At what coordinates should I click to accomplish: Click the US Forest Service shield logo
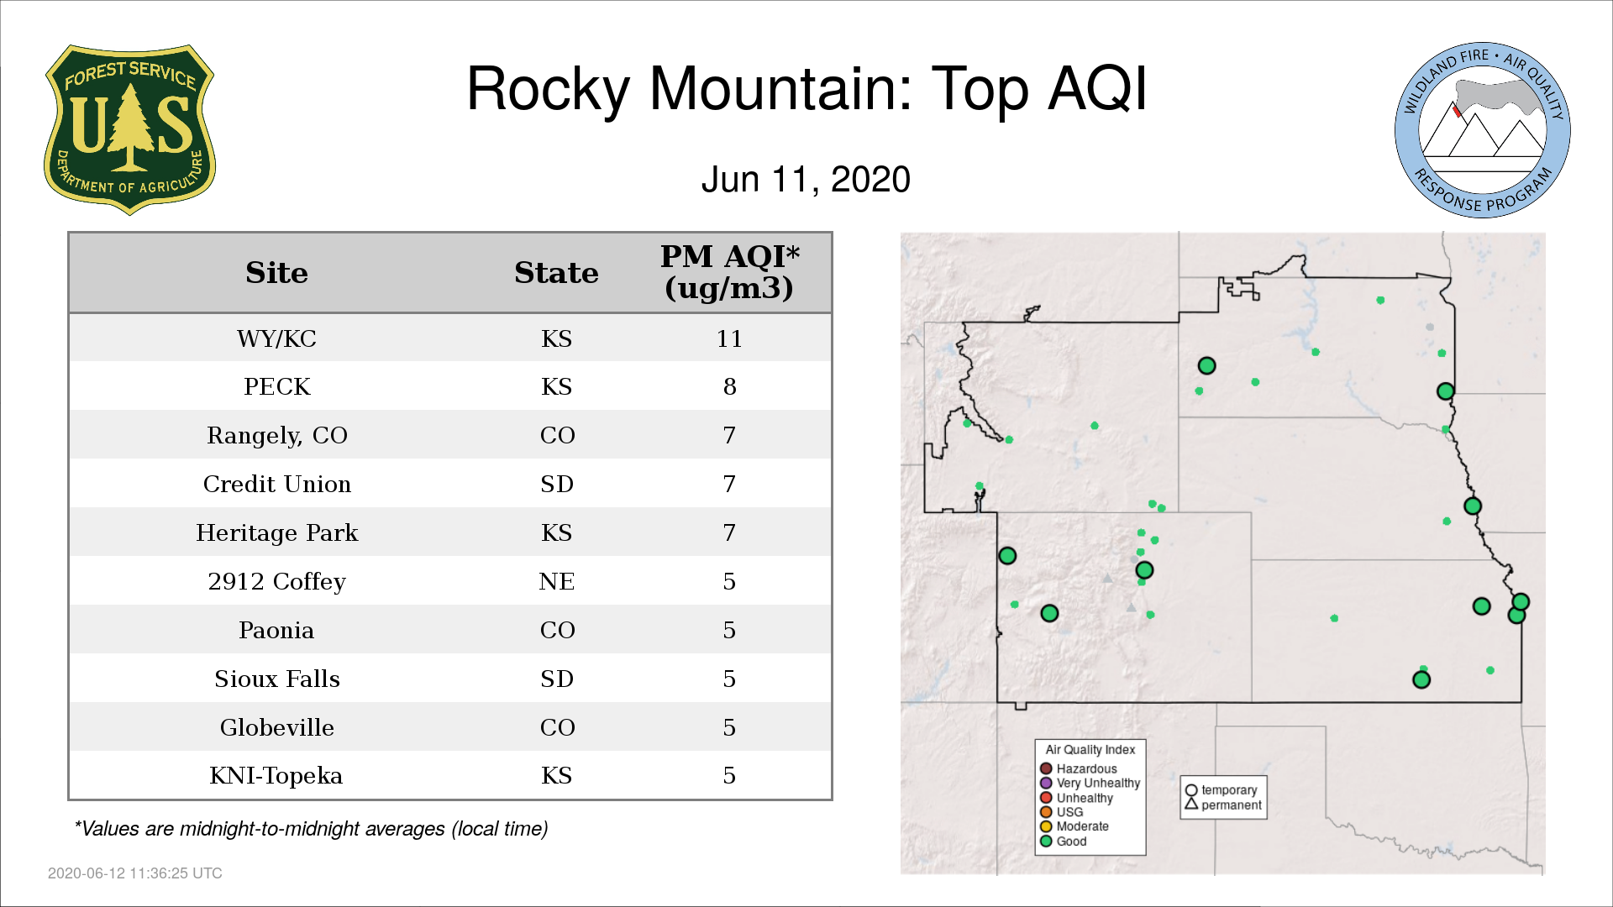(129, 130)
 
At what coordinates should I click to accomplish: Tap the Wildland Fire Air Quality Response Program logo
(1483, 130)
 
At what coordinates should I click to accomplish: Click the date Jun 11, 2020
(806, 180)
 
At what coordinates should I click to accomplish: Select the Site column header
(276, 273)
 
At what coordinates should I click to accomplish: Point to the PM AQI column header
(729, 272)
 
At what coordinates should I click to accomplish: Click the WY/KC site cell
(276, 338)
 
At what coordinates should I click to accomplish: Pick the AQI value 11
(729, 338)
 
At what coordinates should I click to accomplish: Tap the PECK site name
(276, 386)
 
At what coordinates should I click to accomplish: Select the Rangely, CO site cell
(276, 436)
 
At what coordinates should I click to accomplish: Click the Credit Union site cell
(276, 484)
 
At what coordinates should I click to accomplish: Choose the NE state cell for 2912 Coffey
(556, 581)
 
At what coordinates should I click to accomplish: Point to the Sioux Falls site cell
(276, 679)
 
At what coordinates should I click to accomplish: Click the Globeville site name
(276, 727)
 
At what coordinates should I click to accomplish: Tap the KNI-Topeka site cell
(276, 775)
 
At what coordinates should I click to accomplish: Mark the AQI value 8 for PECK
(729, 386)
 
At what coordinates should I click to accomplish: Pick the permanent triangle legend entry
(1223, 805)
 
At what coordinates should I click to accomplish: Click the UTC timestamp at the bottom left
(135, 873)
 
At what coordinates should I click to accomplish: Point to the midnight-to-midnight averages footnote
(311, 829)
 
